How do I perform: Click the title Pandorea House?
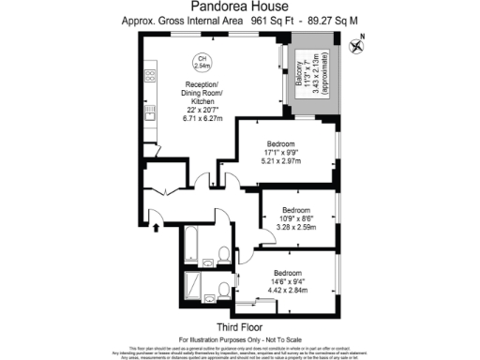point(240,7)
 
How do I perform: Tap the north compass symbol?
point(356,44)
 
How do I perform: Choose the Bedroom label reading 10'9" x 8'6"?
point(296,217)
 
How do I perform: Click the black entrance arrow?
point(155,225)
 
